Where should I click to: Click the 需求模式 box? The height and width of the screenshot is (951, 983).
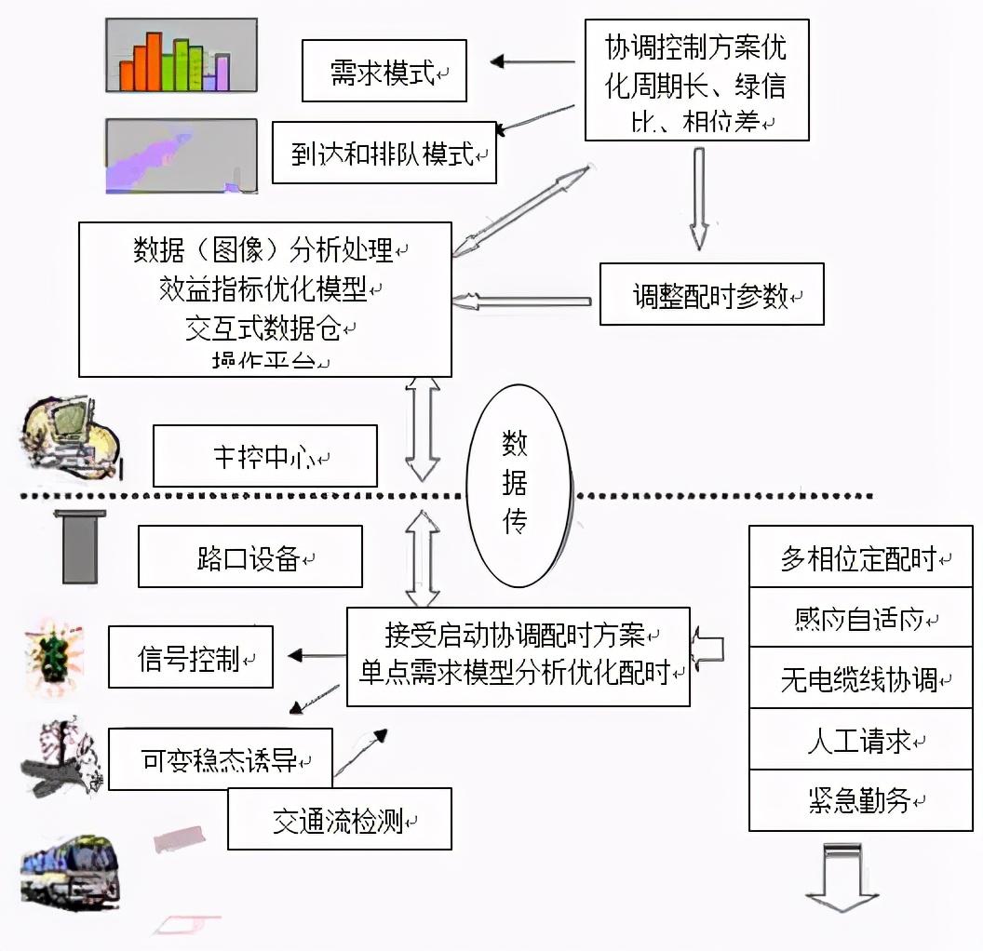[384, 71]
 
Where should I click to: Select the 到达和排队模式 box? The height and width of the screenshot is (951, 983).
[384, 152]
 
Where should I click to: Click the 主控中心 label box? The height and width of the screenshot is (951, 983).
[265, 456]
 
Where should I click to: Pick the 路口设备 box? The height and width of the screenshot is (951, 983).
[249, 556]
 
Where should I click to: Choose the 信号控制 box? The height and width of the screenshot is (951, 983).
[191, 657]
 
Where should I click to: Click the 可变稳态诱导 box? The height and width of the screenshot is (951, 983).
[221, 758]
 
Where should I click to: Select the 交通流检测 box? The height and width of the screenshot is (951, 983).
[340, 819]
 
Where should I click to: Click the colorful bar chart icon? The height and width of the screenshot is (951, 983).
[181, 57]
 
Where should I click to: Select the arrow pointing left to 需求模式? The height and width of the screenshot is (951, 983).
[532, 62]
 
